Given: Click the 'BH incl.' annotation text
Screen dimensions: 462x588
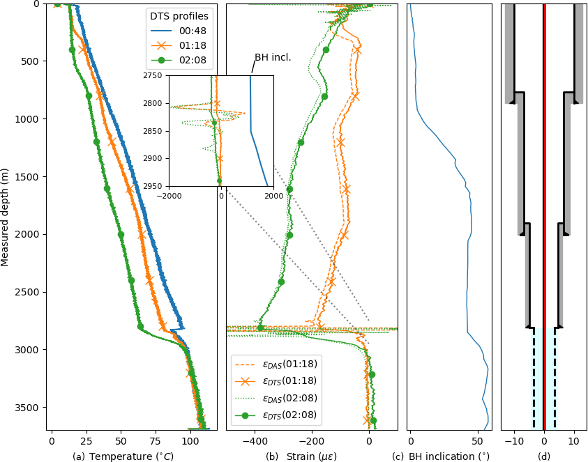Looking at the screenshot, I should [x=273, y=57].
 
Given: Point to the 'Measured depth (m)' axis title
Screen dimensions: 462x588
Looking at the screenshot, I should [x=6, y=217].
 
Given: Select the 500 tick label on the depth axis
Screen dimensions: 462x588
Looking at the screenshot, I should [x=31, y=61].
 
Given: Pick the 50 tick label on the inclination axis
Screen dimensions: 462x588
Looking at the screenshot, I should [x=478, y=441].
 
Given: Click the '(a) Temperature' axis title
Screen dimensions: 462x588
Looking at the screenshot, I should [x=123, y=456].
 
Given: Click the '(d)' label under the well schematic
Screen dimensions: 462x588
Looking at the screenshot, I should [x=544, y=456].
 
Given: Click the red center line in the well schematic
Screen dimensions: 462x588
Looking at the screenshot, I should [x=545, y=209].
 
